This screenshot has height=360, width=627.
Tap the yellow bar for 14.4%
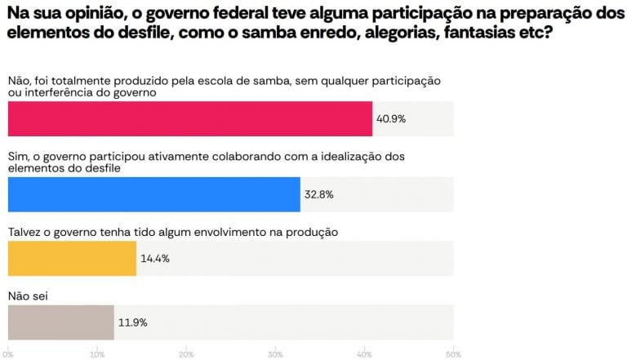(72, 258)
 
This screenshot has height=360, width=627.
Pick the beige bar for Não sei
(60, 322)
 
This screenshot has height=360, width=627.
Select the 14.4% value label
(154, 258)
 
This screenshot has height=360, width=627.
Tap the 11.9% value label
(132, 322)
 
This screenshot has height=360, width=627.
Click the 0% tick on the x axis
(8, 353)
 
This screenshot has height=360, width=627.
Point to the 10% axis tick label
(97, 353)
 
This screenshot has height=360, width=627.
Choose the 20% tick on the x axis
(186, 353)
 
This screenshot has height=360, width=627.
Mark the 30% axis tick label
(275, 353)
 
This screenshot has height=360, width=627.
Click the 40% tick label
(364, 353)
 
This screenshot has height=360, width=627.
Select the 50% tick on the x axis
(452, 353)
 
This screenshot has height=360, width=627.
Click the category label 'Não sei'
(29, 296)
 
